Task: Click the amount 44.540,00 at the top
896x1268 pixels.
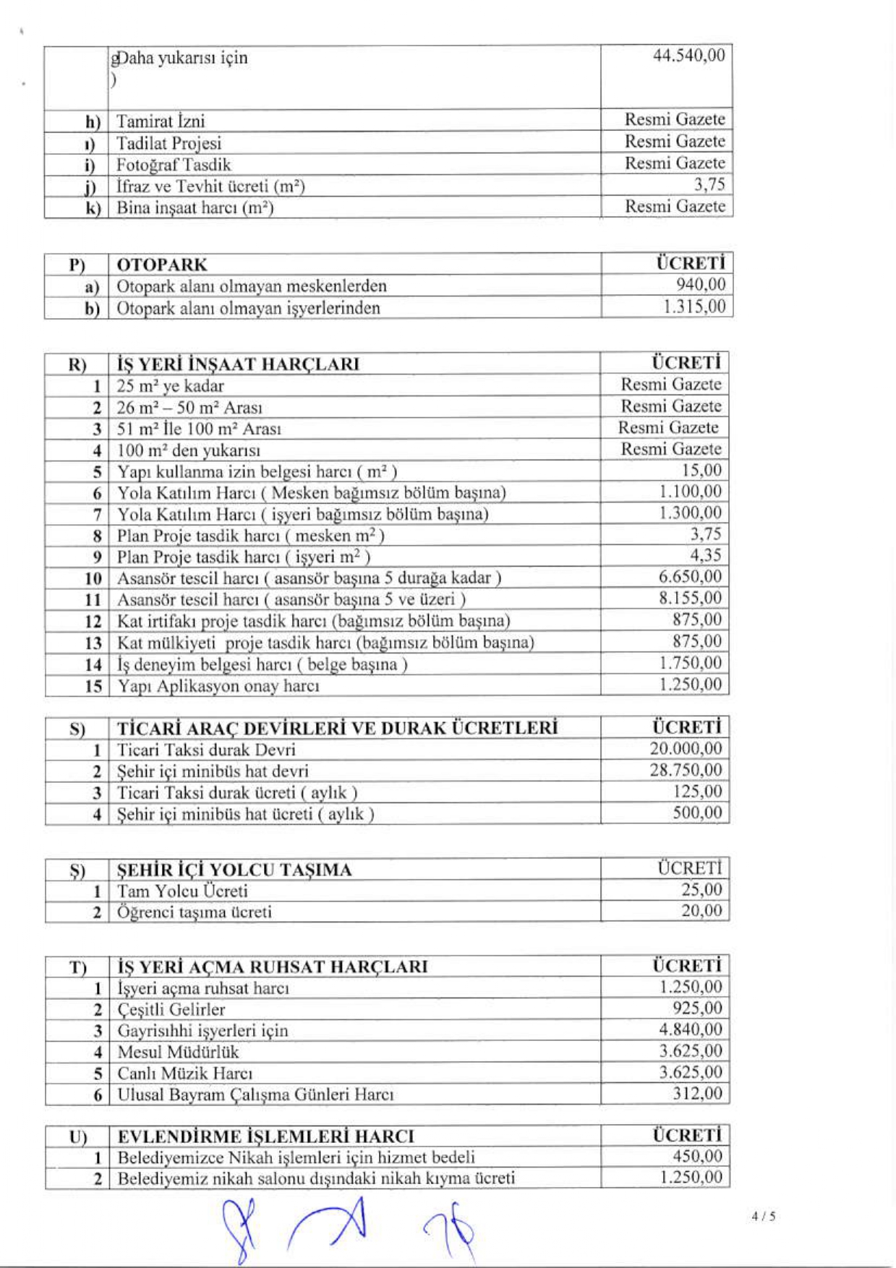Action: click(x=688, y=56)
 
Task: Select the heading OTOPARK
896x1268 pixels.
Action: click(x=162, y=265)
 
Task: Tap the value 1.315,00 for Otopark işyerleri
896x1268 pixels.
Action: click(x=694, y=307)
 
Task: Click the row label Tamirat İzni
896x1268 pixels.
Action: click(x=161, y=121)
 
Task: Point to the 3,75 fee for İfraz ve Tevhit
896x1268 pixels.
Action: click(x=709, y=184)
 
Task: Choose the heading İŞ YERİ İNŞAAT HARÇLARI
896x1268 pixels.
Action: click(x=238, y=364)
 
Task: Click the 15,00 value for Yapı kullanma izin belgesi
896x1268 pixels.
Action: click(x=701, y=470)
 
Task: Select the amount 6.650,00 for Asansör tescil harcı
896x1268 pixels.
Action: click(x=690, y=577)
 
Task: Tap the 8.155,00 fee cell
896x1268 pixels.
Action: click(x=690, y=598)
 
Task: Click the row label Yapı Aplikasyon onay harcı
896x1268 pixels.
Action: click(x=218, y=685)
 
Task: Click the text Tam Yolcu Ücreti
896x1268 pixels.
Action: click(x=182, y=891)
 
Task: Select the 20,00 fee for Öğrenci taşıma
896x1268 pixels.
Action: click(x=701, y=911)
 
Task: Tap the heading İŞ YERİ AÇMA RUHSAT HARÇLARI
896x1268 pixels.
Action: click(x=273, y=967)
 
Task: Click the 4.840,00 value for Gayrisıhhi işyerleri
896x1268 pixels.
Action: click(x=690, y=1029)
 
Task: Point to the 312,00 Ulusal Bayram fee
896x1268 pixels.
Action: click(x=697, y=1093)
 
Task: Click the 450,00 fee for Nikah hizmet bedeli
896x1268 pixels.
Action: click(x=697, y=1157)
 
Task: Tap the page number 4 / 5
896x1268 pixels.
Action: click(x=763, y=1216)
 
